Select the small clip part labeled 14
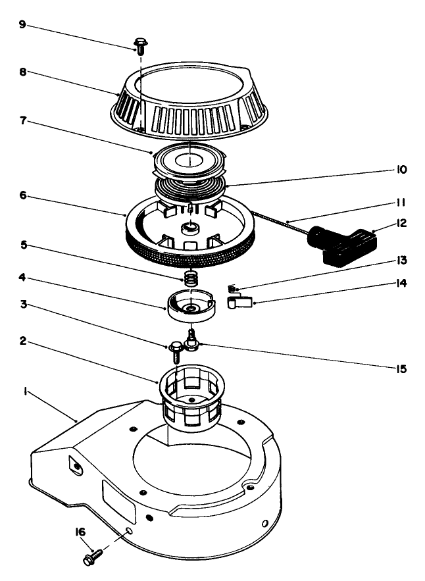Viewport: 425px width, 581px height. (238, 302)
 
